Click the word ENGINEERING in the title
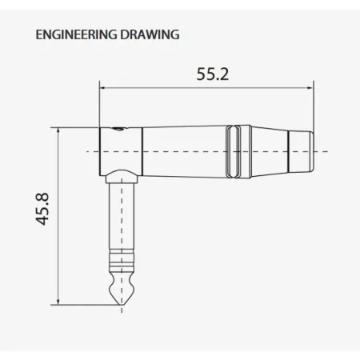(x=76, y=34)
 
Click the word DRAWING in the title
(x=150, y=34)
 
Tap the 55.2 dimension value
(x=213, y=74)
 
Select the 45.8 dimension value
(x=42, y=209)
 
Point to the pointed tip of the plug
(x=122, y=305)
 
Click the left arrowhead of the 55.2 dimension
(x=102, y=88)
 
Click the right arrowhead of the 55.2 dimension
(x=310, y=88)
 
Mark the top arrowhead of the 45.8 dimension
(x=58, y=131)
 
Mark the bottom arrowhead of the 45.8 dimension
(x=58, y=302)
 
